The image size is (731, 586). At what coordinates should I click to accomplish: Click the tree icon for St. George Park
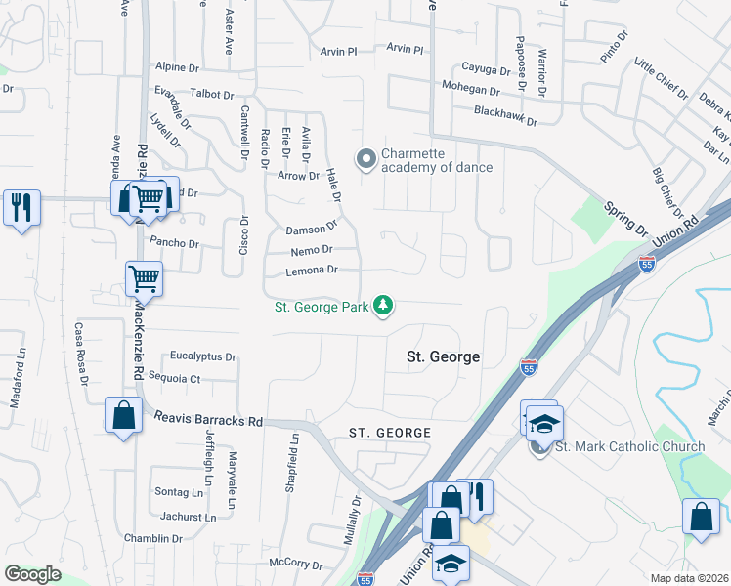click(385, 307)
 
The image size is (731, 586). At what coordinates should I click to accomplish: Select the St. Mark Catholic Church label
click(629, 447)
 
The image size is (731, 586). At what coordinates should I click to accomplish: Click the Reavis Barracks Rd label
click(209, 421)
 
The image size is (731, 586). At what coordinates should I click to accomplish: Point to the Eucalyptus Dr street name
click(203, 357)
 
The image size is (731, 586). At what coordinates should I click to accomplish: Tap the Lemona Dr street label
click(312, 270)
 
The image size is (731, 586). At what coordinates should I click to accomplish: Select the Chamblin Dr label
click(153, 538)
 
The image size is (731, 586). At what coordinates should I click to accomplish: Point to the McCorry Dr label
click(295, 564)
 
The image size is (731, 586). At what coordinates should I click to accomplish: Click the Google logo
click(32, 574)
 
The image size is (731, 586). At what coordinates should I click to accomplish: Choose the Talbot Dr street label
click(207, 95)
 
